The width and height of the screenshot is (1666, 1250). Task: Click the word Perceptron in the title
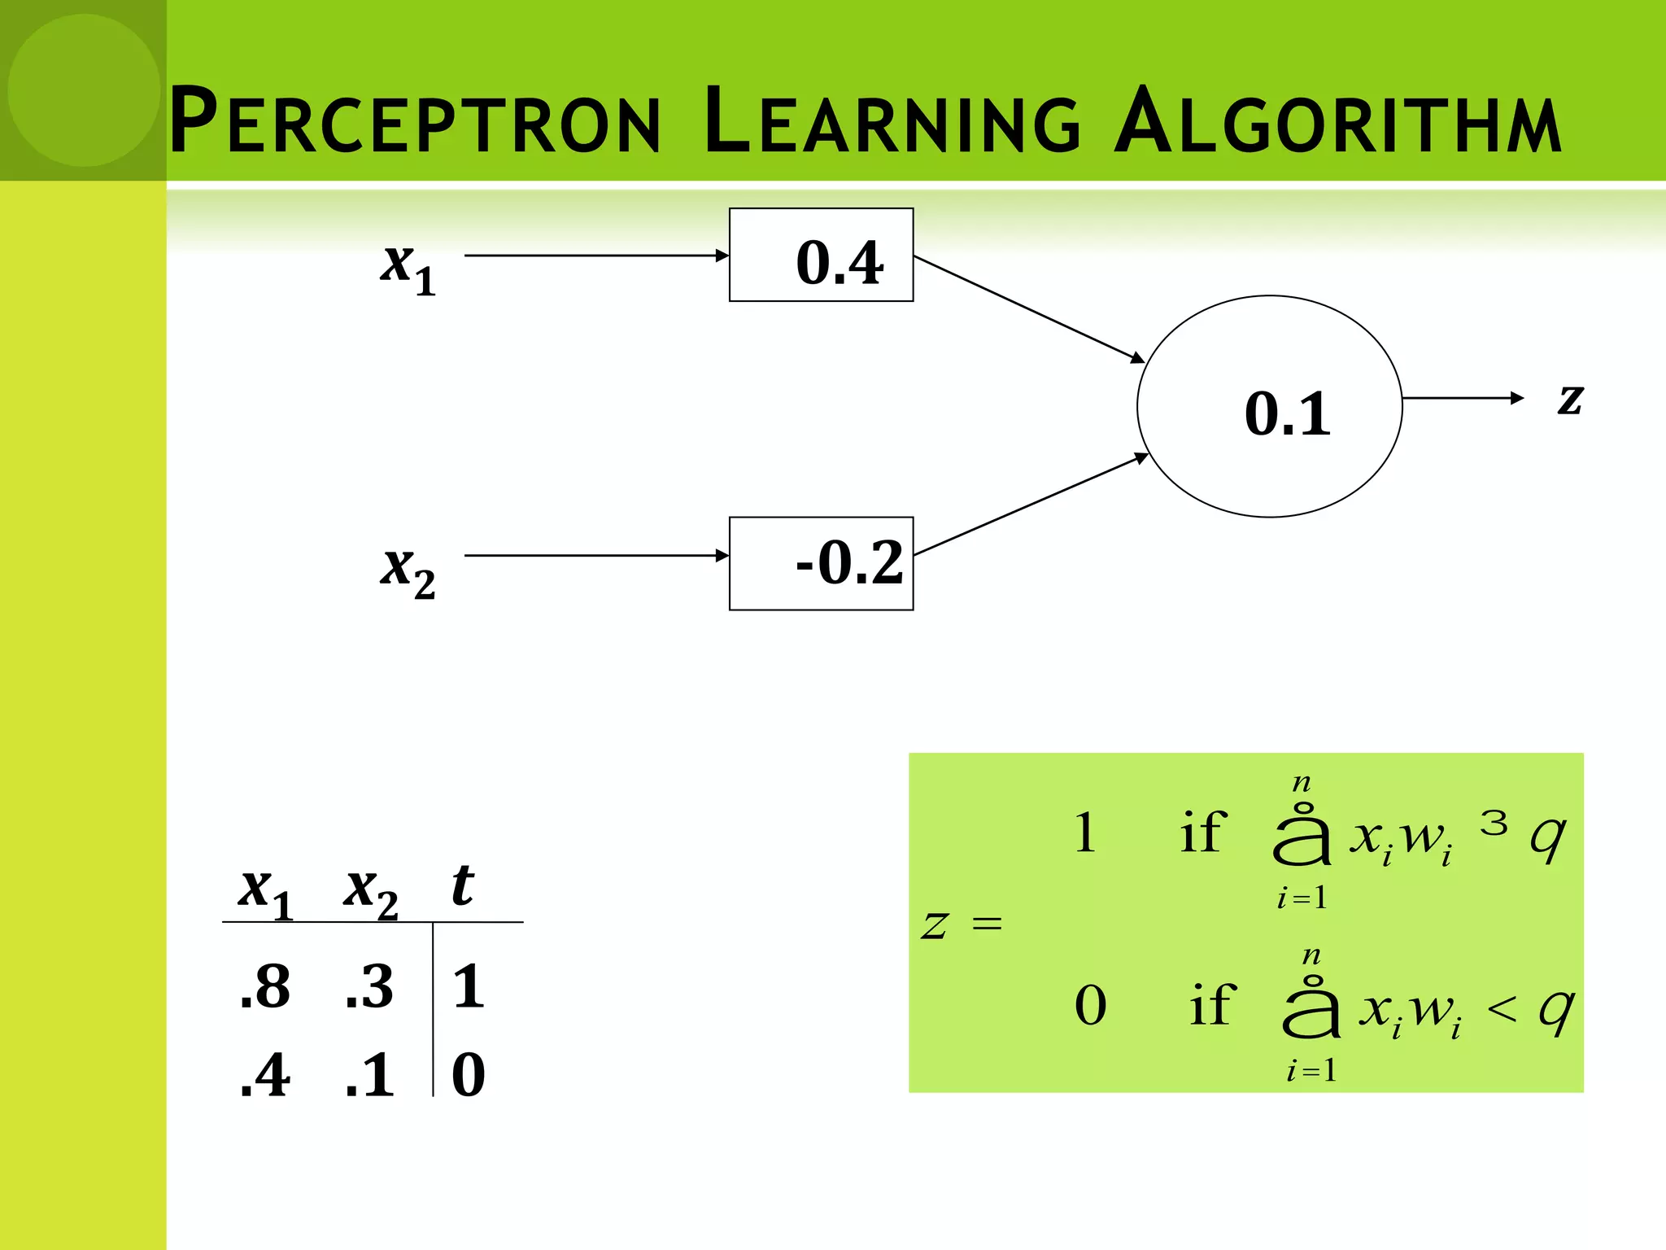coord(415,120)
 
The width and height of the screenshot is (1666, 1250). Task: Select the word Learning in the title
coord(892,120)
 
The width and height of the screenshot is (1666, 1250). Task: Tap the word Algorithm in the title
coord(1337,120)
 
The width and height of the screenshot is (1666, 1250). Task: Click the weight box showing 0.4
coord(822,256)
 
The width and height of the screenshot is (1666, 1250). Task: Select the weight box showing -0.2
coord(822,563)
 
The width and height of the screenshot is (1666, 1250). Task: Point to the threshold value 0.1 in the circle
coord(1287,413)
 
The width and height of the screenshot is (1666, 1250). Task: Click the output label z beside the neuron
coord(1570,399)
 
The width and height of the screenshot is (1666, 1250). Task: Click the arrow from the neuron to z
coord(1463,398)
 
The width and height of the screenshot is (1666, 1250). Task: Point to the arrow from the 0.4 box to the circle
coord(1028,308)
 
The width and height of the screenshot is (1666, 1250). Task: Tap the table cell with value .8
coord(265,986)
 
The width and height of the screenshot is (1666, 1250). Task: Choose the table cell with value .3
coord(369,986)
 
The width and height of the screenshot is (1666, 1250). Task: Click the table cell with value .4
coord(265,1075)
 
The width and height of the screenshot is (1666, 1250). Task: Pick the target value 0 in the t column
coord(469,1075)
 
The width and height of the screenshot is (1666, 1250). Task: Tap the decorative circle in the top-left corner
coord(83,90)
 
